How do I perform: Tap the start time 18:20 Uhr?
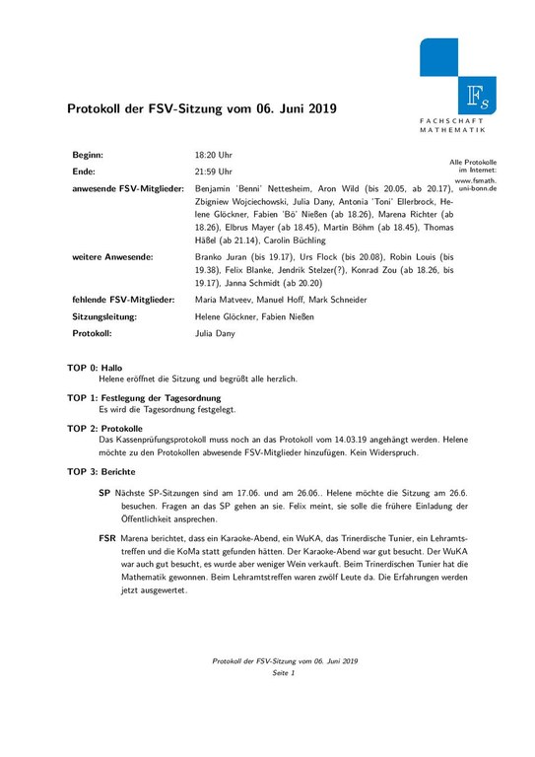coord(214,156)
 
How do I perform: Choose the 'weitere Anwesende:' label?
coord(112,255)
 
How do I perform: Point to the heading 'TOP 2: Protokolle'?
coord(105,429)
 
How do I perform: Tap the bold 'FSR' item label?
coord(107,540)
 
